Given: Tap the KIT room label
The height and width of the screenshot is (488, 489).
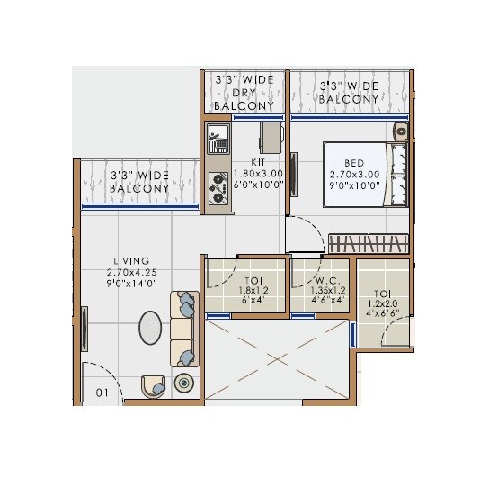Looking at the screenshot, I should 245,162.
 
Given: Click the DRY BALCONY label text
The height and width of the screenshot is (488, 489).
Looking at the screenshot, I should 243,93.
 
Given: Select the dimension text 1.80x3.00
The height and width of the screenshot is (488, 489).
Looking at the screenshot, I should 246,173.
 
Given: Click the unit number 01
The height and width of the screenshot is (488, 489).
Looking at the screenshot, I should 102,392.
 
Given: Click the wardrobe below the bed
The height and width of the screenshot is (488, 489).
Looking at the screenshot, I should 368,242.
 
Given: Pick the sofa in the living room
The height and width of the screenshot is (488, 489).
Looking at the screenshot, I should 184,330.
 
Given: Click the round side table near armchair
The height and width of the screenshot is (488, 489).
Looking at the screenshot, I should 184,383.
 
